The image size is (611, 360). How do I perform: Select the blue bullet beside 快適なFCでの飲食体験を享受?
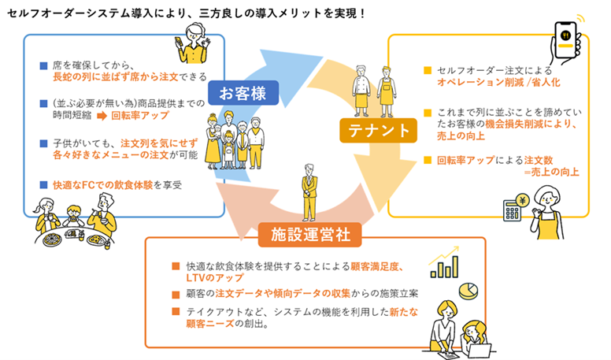tap(45, 185)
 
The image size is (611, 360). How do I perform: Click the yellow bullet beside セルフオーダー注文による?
tap(428, 69)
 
